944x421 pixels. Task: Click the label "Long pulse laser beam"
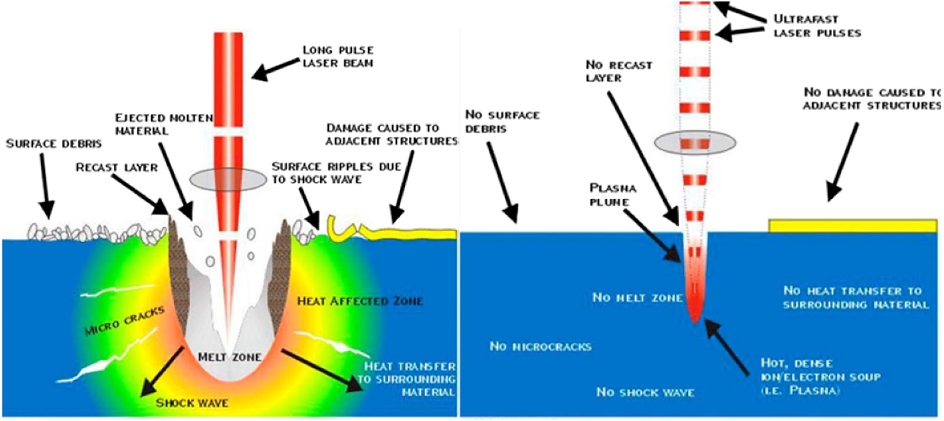[337, 57]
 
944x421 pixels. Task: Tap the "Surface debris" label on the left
[54, 143]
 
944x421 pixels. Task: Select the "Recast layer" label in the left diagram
[117, 168]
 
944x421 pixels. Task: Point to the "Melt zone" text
[230, 357]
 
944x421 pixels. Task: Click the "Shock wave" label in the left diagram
[192, 403]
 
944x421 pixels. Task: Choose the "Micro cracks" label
[124, 321]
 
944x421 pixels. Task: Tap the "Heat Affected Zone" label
[360, 301]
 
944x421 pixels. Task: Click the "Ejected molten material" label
[163, 124]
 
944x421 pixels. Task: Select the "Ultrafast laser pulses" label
[817, 26]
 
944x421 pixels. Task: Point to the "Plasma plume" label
[612, 195]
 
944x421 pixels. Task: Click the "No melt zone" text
[637, 298]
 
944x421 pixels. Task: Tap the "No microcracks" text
[540, 347]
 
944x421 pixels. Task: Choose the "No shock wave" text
[645, 392]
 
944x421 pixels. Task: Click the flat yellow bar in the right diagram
[853, 226]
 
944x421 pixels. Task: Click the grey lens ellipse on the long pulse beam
[228, 179]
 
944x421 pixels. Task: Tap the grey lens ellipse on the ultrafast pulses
[696, 142]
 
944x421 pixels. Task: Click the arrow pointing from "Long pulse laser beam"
[274, 69]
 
